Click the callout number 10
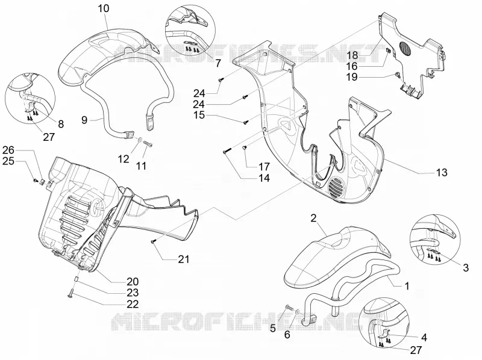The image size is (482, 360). (104, 8)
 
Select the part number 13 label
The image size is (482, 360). (442, 173)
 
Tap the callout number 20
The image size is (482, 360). (133, 282)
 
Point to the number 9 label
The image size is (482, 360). (84, 120)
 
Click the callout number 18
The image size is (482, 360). (353, 55)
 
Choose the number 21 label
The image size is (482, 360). (184, 259)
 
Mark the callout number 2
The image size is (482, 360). (313, 219)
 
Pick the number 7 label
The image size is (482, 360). (218, 63)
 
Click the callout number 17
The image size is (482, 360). (264, 167)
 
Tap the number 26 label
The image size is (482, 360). (8, 151)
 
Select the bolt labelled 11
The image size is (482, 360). (148, 144)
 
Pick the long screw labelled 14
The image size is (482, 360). (227, 152)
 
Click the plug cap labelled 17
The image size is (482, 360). (246, 148)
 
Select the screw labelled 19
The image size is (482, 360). (397, 74)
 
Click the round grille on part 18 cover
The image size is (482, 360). (406, 49)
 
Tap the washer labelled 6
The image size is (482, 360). (297, 312)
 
